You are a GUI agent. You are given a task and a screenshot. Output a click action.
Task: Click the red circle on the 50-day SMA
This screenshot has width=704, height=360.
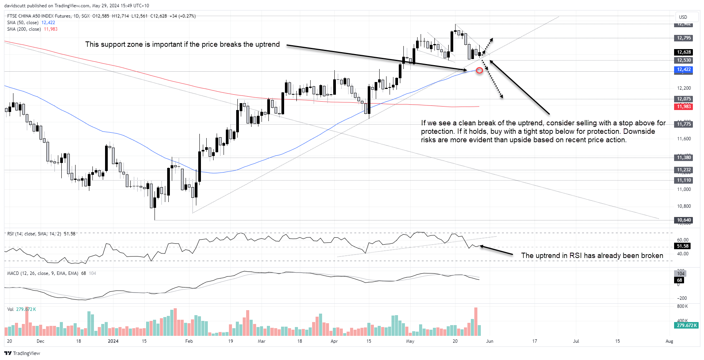[x=479, y=71]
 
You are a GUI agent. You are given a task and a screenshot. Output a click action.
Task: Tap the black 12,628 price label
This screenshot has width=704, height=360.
[x=684, y=52]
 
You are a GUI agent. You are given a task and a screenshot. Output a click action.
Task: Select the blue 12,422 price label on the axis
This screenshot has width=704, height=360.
[x=684, y=69]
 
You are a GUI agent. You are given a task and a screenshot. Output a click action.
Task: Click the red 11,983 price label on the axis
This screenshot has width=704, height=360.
[x=684, y=107]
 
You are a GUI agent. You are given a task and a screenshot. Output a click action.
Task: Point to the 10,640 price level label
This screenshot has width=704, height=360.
[x=684, y=220]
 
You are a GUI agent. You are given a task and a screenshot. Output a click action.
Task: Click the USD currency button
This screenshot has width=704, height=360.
[x=683, y=17]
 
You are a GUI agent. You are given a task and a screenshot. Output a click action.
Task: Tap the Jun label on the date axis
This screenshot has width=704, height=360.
[x=490, y=341]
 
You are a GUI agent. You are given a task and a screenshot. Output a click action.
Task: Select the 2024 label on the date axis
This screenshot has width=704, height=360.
[x=113, y=341]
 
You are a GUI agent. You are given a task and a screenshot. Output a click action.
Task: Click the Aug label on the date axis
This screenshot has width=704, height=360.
[x=669, y=341]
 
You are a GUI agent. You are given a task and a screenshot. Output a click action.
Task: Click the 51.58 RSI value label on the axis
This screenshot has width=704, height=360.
[x=683, y=246]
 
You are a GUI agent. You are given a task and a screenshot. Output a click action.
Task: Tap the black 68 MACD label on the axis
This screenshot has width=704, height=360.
[x=679, y=280]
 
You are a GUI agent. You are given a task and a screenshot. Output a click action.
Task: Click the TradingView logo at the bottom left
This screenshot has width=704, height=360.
[x=22, y=353]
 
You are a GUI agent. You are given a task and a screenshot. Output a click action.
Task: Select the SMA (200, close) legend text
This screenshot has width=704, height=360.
[x=24, y=29]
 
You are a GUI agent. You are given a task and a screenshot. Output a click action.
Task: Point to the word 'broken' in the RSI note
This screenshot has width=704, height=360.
[x=651, y=256]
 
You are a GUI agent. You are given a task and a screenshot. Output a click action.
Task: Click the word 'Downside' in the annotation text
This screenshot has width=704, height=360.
[x=639, y=132]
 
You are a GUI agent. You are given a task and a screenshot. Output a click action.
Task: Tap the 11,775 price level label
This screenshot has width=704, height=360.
[x=684, y=124]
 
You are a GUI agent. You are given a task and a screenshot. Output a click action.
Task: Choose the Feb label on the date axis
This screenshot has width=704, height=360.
[x=189, y=341]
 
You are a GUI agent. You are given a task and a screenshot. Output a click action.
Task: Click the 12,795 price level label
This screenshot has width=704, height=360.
[x=684, y=38]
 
